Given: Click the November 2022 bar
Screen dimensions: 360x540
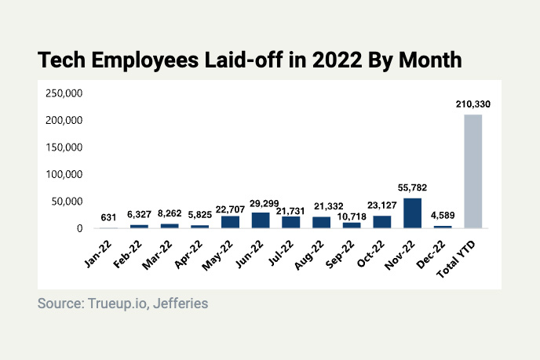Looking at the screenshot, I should tap(412, 213).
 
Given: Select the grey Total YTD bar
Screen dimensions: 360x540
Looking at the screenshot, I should tap(472, 172).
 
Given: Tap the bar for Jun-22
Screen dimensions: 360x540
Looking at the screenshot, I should tap(261, 220).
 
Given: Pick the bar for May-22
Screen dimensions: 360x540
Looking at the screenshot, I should tap(230, 222).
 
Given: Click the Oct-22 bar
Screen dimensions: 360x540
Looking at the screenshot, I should tap(382, 222).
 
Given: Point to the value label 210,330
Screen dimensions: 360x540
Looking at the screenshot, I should tap(472, 104).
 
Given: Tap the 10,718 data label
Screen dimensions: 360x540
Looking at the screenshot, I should tap(352, 213).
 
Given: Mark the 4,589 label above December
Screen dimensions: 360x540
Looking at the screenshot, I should tap(443, 217).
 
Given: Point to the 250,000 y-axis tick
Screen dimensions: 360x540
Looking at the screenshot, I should tap(65, 94).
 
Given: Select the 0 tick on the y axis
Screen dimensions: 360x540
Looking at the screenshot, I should tap(79, 228).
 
